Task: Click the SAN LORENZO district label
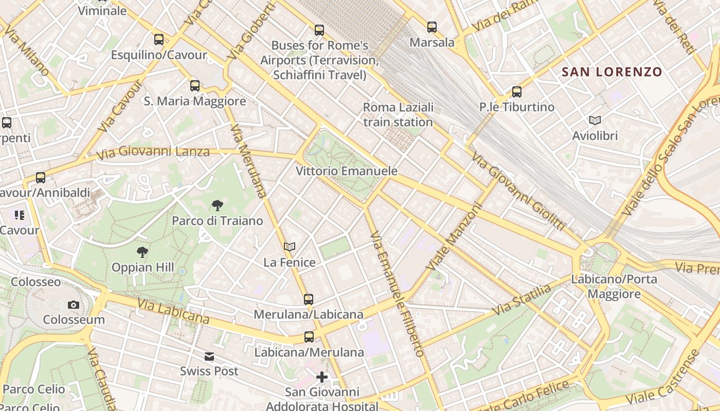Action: pyautogui.click(x=612, y=72)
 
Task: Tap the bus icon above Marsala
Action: pyautogui.click(x=432, y=27)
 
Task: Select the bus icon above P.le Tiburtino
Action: pyautogui.click(x=517, y=92)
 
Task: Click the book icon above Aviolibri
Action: pyautogui.click(x=595, y=121)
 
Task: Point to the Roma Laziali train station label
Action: pyautogui.click(x=398, y=115)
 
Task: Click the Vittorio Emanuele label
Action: pyautogui.click(x=347, y=171)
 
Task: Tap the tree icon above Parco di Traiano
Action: pyautogui.click(x=218, y=206)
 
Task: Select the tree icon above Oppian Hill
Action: pyautogui.click(x=142, y=252)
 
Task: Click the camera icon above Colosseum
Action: pyautogui.click(x=74, y=305)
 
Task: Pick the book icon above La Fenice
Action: pyautogui.click(x=290, y=247)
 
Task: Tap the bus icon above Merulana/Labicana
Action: pyautogui.click(x=309, y=299)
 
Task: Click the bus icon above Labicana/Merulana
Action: pyautogui.click(x=309, y=337)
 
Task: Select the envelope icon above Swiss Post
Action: pyautogui.click(x=209, y=357)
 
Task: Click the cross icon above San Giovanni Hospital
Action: pyautogui.click(x=322, y=377)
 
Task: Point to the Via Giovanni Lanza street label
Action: pyautogui.click(x=153, y=152)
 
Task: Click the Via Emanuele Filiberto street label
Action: pyautogui.click(x=398, y=294)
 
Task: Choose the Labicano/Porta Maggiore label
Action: pyautogui.click(x=614, y=287)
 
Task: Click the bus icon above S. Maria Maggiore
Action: pyautogui.click(x=195, y=86)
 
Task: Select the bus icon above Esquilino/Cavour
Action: pyautogui.click(x=159, y=40)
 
